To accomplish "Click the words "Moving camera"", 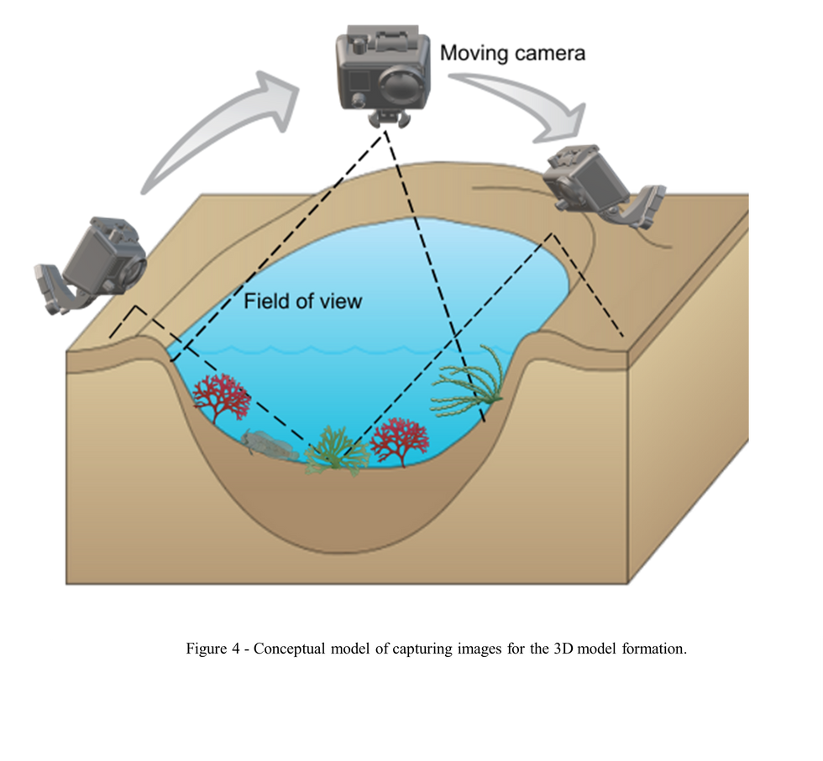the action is pyautogui.click(x=512, y=54).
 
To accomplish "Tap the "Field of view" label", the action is pyautogui.click(x=303, y=301).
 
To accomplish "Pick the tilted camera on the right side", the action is pyautogui.click(x=604, y=185).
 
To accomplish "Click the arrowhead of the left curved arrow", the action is pyautogui.click(x=278, y=100).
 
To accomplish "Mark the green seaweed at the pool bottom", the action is pyautogui.click(x=336, y=451).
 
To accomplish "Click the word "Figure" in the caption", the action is pyautogui.click(x=207, y=649).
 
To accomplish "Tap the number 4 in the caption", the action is pyautogui.click(x=236, y=649).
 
